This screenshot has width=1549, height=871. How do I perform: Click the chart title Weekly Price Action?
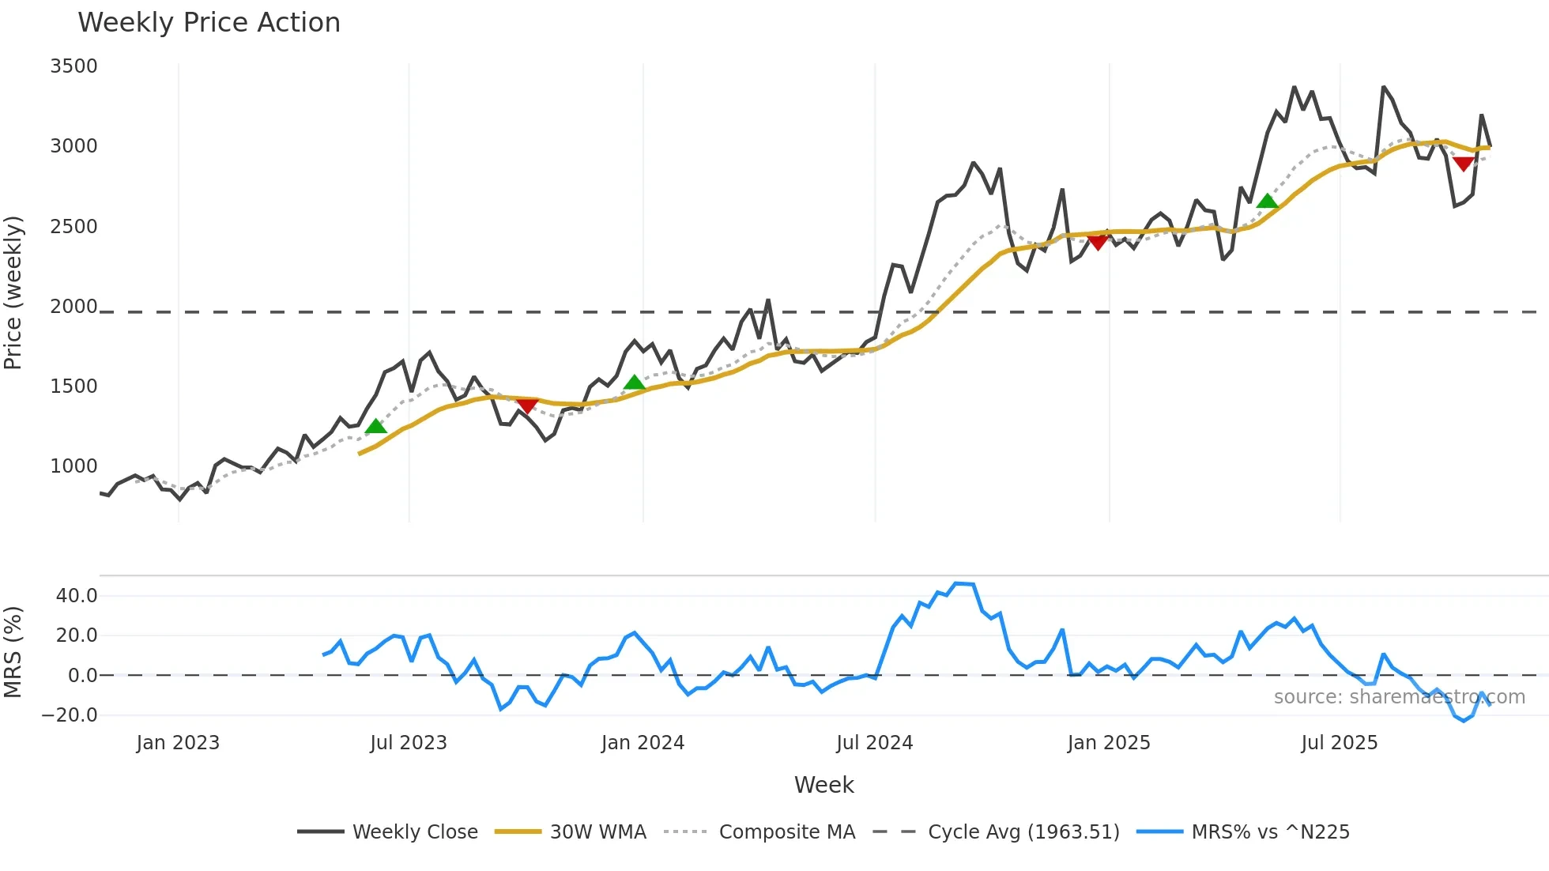209,23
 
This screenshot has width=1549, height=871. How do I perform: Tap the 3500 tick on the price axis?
73,66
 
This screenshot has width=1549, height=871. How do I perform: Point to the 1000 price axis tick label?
73,466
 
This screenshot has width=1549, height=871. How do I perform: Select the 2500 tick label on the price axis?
73,227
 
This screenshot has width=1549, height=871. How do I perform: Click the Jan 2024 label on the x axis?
643,743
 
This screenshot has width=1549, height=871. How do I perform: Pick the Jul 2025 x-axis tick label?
1340,743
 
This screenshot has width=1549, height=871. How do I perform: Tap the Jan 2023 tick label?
178,743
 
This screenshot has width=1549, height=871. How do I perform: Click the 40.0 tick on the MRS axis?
77,596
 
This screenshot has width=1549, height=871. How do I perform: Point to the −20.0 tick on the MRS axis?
70,715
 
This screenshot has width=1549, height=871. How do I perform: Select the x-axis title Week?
823,785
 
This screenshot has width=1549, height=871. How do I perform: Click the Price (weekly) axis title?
13,292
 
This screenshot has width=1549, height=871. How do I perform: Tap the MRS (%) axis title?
13,652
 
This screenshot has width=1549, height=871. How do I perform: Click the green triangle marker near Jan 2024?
635,383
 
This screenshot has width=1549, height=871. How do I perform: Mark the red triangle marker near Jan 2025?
1098,243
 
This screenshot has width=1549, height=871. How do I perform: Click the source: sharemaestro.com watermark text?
1399,697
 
